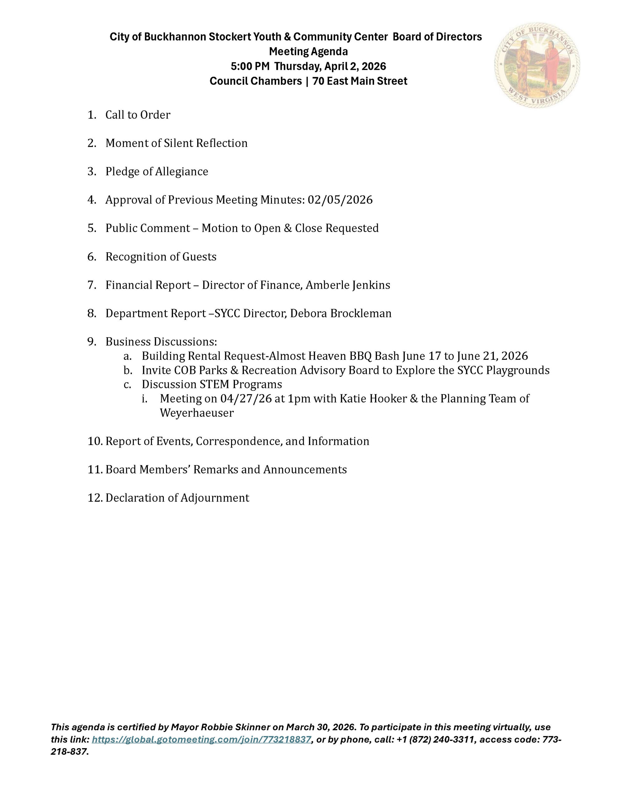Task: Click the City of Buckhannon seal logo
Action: (x=537, y=65)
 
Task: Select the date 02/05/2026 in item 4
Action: (x=340, y=200)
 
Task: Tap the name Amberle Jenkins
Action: (x=347, y=285)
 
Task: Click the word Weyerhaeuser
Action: (x=197, y=413)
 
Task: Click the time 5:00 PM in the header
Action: (x=250, y=66)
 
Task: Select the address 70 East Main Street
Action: (x=360, y=81)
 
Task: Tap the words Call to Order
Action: (x=138, y=115)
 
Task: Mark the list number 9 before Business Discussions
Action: (x=91, y=342)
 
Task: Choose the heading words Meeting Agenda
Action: (x=308, y=51)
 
